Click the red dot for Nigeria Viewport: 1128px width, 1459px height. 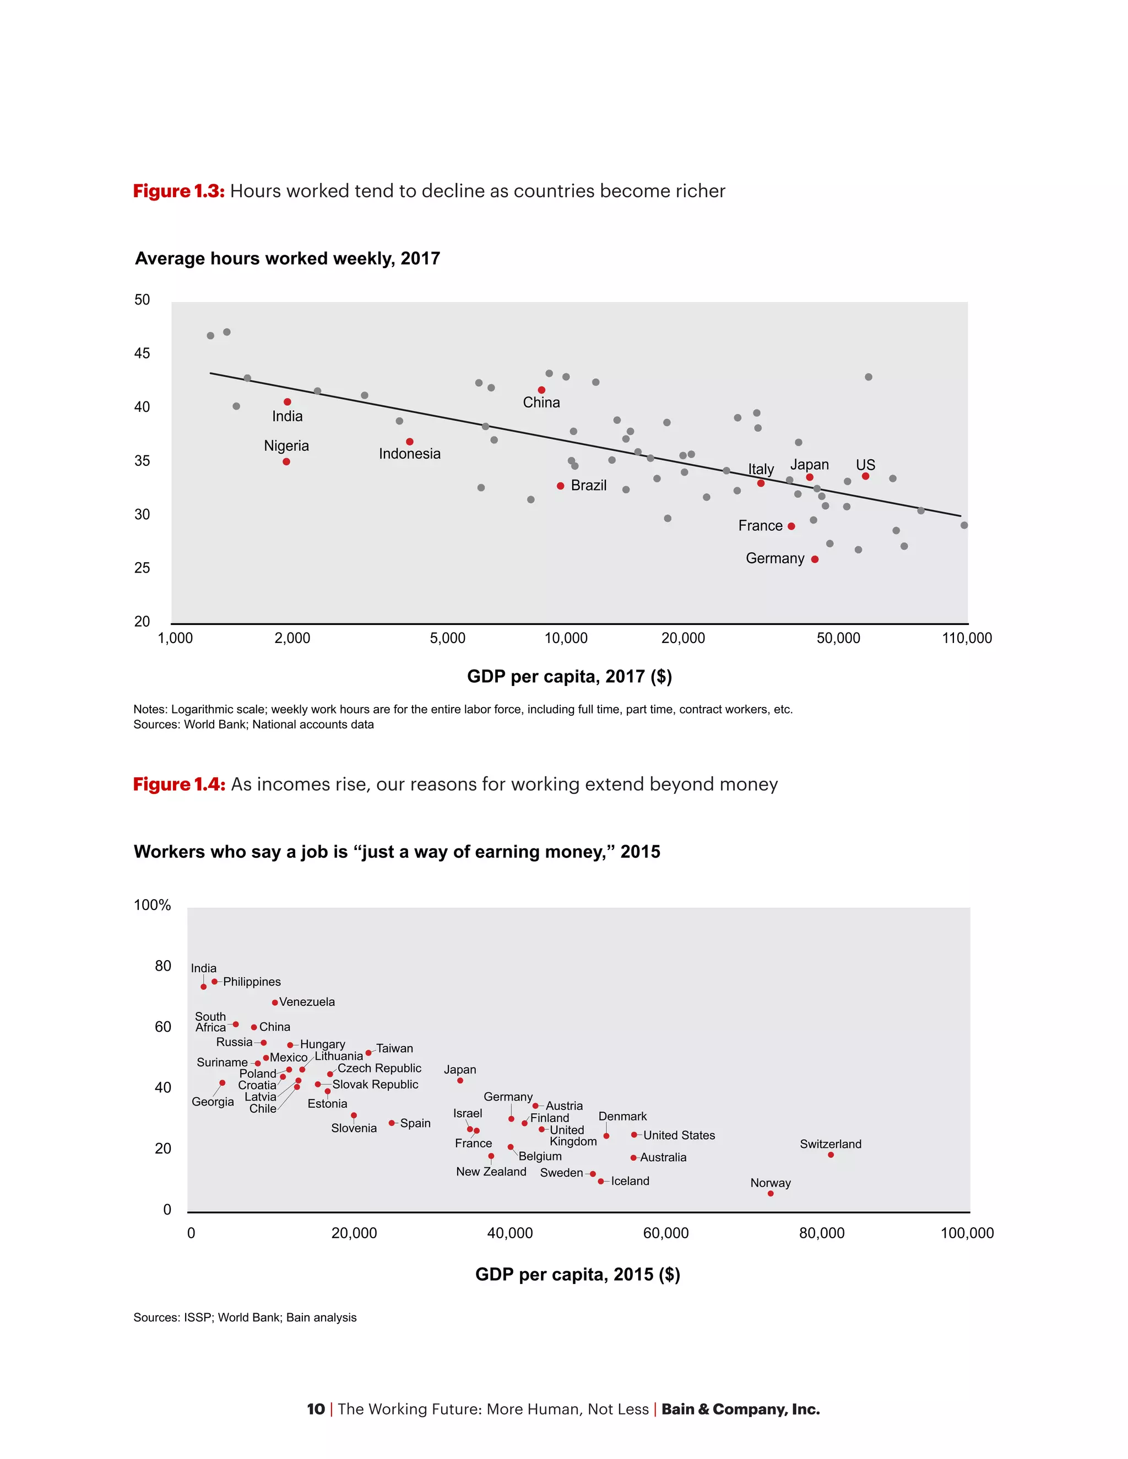tap(286, 461)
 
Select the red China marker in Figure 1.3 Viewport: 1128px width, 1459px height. tap(541, 390)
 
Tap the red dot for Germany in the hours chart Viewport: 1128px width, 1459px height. tap(815, 559)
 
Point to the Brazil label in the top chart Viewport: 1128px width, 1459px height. tap(588, 486)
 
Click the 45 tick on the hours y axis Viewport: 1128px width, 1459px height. tap(142, 353)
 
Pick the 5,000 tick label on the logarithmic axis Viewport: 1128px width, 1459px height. tap(447, 638)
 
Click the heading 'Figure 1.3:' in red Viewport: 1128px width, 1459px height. tap(178, 191)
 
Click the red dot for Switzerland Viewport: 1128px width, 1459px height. tap(831, 1155)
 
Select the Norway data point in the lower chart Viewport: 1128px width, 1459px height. tap(771, 1194)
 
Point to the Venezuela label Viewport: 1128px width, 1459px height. tap(307, 1002)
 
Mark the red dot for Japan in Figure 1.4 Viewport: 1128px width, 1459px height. tap(460, 1081)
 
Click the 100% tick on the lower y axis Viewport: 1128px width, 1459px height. tap(153, 905)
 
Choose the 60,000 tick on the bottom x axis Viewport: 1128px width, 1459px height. tap(665, 1233)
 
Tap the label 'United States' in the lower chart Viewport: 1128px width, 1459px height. tap(679, 1135)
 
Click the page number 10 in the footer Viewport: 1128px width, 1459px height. tap(316, 1409)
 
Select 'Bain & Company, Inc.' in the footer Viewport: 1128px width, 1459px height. tap(740, 1409)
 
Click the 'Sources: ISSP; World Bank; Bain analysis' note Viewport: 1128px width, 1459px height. tap(245, 1318)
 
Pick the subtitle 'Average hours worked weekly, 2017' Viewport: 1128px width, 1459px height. tap(288, 259)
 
